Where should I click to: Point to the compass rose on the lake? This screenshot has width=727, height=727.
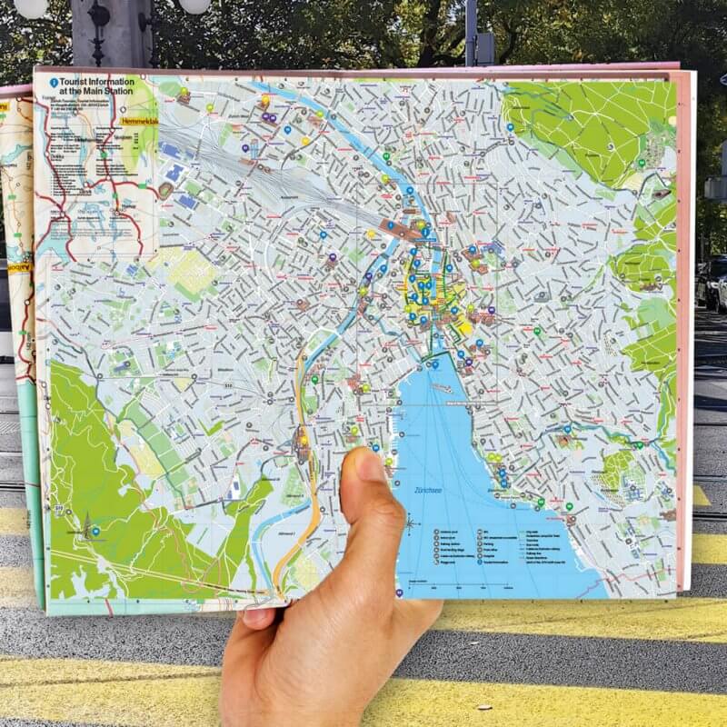click(x=410, y=522)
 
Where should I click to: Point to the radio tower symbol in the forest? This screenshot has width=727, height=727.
click(x=87, y=525)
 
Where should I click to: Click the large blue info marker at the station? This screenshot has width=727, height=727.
click(x=424, y=233)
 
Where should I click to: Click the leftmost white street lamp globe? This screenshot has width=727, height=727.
click(x=30, y=7)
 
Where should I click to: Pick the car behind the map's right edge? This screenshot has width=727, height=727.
click(x=711, y=282)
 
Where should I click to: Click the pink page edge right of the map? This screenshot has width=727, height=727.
click(x=684, y=318)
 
